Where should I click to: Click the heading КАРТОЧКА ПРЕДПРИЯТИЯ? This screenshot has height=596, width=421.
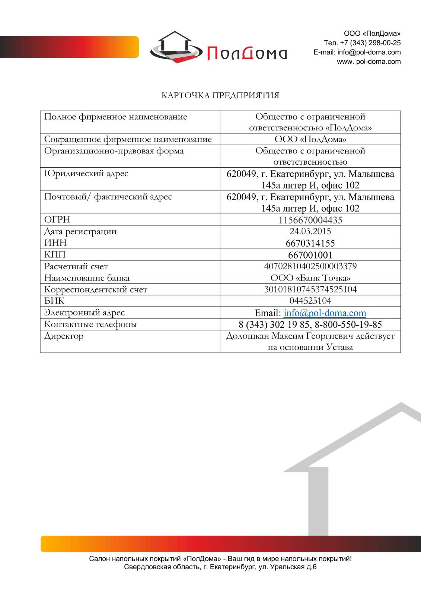[220, 96]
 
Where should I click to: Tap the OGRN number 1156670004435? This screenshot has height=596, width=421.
[310, 220]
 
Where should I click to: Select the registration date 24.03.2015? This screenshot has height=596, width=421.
[310, 231]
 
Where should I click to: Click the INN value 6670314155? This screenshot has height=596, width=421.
[310, 243]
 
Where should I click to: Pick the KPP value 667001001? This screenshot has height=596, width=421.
[310, 255]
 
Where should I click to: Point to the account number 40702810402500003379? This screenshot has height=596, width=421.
[310, 266]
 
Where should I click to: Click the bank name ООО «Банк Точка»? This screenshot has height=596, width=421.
[310, 278]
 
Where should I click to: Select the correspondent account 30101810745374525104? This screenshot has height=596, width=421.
[310, 289]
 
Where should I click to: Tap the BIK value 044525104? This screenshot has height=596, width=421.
[310, 301]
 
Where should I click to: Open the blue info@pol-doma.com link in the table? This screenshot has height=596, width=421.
[325, 313]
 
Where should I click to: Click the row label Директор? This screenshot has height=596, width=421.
[64, 336]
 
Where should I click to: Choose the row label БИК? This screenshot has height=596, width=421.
[54, 301]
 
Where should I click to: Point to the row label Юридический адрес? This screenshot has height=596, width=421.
[86, 174]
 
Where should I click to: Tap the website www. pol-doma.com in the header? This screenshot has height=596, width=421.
[369, 62]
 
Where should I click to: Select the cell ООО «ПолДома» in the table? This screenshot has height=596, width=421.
[310, 139]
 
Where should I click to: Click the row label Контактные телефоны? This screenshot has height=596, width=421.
[90, 324]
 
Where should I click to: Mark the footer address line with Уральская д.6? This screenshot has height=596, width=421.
[220, 567]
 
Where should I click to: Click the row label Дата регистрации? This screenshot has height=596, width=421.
[80, 231]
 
